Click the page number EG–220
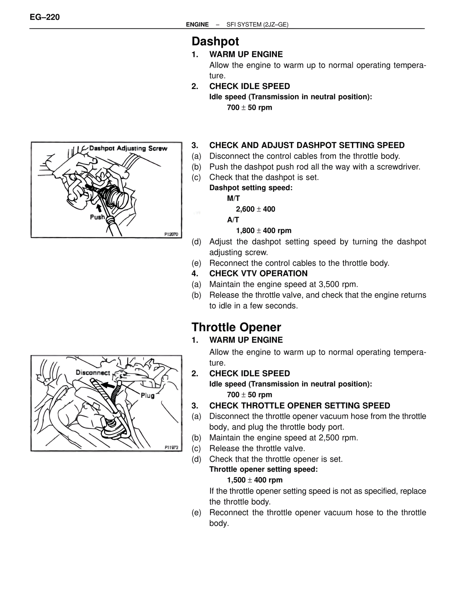45,17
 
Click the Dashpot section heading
215,41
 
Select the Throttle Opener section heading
236,327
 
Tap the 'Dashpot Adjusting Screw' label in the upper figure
128,148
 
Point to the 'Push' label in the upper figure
97,217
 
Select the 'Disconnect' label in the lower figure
93,373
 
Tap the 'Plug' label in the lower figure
147,395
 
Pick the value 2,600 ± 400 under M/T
255,209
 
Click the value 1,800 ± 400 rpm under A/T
264,231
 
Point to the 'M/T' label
233,198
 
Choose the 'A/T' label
233,220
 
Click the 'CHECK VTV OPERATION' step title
258,274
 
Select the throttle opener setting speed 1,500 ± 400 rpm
255,480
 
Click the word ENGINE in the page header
197,25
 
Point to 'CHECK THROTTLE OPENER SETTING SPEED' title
300,405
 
